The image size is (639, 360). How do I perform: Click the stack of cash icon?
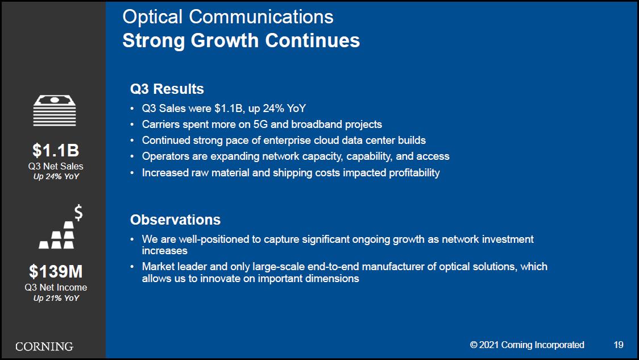pyautogui.click(x=55, y=110)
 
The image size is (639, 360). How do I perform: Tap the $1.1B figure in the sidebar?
pyautogui.click(x=56, y=151)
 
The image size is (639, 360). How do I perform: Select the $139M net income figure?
pyautogui.click(x=56, y=271)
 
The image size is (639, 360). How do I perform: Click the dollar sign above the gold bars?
pyautogui.click(x=78, y=212)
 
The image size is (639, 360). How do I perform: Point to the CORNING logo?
pyautogui.click(x=44, y=346)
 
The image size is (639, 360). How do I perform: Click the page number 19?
pyautogui.click(x=619, y=345)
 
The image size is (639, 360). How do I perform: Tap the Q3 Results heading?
pyautogui.click(x=167, y=89)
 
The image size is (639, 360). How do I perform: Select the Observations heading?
pyautogui.click(x=175, y=220)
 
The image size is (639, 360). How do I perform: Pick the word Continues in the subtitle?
pyautogui.click(x=313, y=40)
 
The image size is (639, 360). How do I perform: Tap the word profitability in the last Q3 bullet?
pyautogui.click(x=414, y=173)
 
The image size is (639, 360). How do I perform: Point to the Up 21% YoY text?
pyautogui.click(x=56, y=298)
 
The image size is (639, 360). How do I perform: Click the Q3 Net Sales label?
pyautogui.click(x=56, y=166)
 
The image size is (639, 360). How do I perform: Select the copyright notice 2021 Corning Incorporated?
pyautogui.click(x=527, y=345)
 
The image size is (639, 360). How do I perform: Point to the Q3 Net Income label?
pyautogui.click(x=56, y=287)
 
